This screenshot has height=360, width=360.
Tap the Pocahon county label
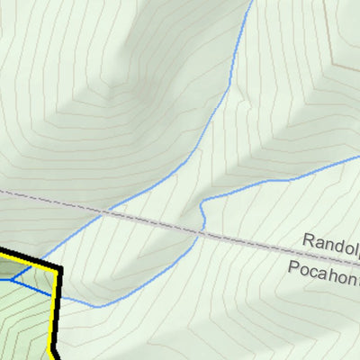click(x=324, y=268)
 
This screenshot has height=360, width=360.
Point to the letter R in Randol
click(x=307, y=241)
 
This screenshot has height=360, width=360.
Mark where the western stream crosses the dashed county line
click(x=104, y=212)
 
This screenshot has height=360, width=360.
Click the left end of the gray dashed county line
click(x=2, y=191)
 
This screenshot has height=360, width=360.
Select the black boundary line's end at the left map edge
click(x=2, y=250)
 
